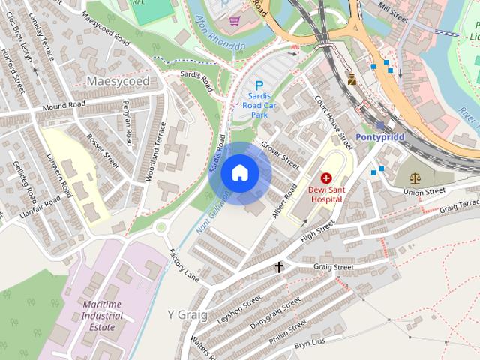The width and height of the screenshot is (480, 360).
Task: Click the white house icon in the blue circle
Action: (240, 173)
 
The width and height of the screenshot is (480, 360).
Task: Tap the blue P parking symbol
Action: (259, 86)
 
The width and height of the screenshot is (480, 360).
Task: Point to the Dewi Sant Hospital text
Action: (326, 194)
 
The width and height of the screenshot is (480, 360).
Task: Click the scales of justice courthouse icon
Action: (415, 178)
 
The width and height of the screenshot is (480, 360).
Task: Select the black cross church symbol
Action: (279, 266)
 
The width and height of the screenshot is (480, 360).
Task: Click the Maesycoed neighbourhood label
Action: (118, 80)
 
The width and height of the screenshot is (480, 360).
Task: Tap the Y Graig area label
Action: (187, 313)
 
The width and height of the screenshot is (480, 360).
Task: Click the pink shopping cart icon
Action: (235, 20)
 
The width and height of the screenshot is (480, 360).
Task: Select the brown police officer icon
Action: (351, 77)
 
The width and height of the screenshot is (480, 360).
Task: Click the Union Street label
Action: (424, 192)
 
